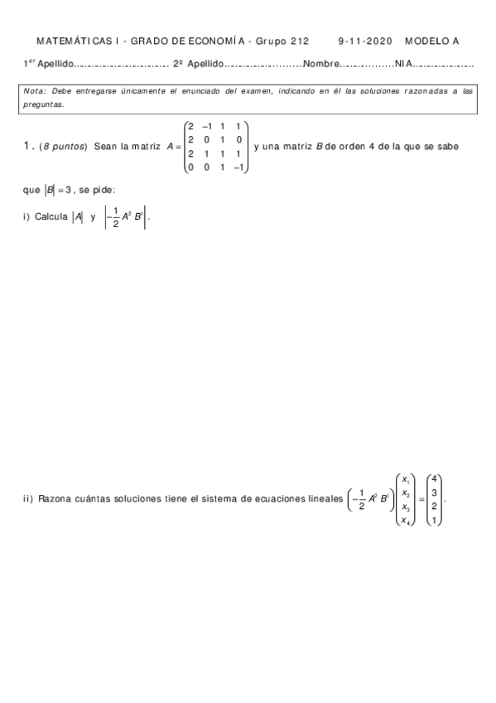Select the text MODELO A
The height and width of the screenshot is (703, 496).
431,41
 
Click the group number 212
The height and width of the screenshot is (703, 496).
298,41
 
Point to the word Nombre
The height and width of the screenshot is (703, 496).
323,63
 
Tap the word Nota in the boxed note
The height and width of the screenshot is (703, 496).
36,90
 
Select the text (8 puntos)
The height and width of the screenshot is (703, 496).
64,147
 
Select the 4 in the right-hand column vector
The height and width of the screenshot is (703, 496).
436,478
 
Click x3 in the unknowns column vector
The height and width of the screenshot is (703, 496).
405,507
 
